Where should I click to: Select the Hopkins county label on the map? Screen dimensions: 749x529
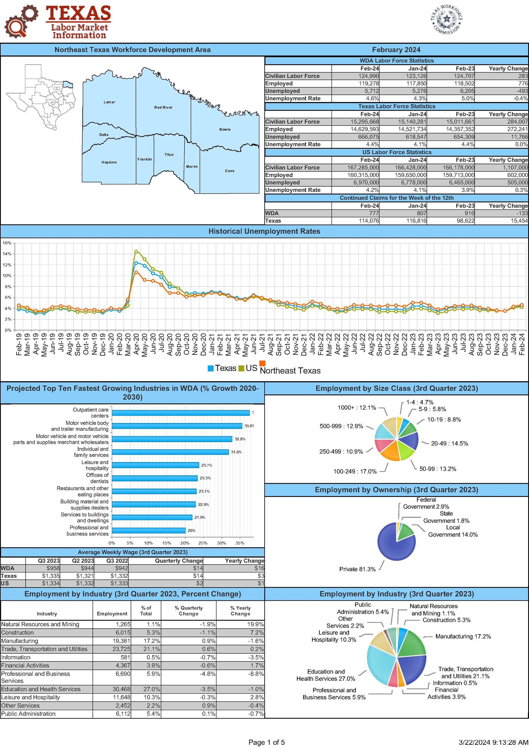109,162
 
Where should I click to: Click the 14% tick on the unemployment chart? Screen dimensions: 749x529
7,254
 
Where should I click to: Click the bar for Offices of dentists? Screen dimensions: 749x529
155,478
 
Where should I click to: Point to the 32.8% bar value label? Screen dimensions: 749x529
240,439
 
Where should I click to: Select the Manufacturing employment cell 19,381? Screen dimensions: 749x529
121,641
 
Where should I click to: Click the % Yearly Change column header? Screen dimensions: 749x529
240,611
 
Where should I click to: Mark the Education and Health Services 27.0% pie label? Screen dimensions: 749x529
326,675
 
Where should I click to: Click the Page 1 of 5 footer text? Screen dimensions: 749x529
266,742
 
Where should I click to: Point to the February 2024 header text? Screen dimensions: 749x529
396,50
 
